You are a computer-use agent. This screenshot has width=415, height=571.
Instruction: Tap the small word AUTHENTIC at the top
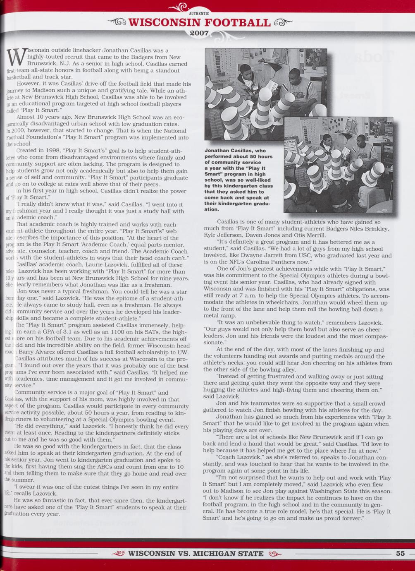point(200,14)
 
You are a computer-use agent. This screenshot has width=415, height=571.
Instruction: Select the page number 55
point(400,553)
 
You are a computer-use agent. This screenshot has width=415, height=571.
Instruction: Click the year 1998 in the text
point(50,151)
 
